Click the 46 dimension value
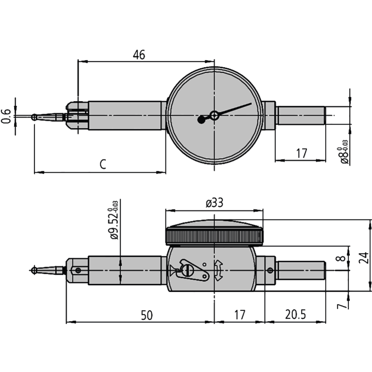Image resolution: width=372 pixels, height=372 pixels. coord(139,55)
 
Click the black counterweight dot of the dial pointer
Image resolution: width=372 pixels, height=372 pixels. coord(202,119)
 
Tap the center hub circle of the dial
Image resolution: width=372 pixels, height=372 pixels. coord(214,115)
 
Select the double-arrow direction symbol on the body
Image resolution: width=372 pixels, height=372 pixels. coord(218,271)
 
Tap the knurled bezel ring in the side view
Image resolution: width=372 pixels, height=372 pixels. coord(214,237)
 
